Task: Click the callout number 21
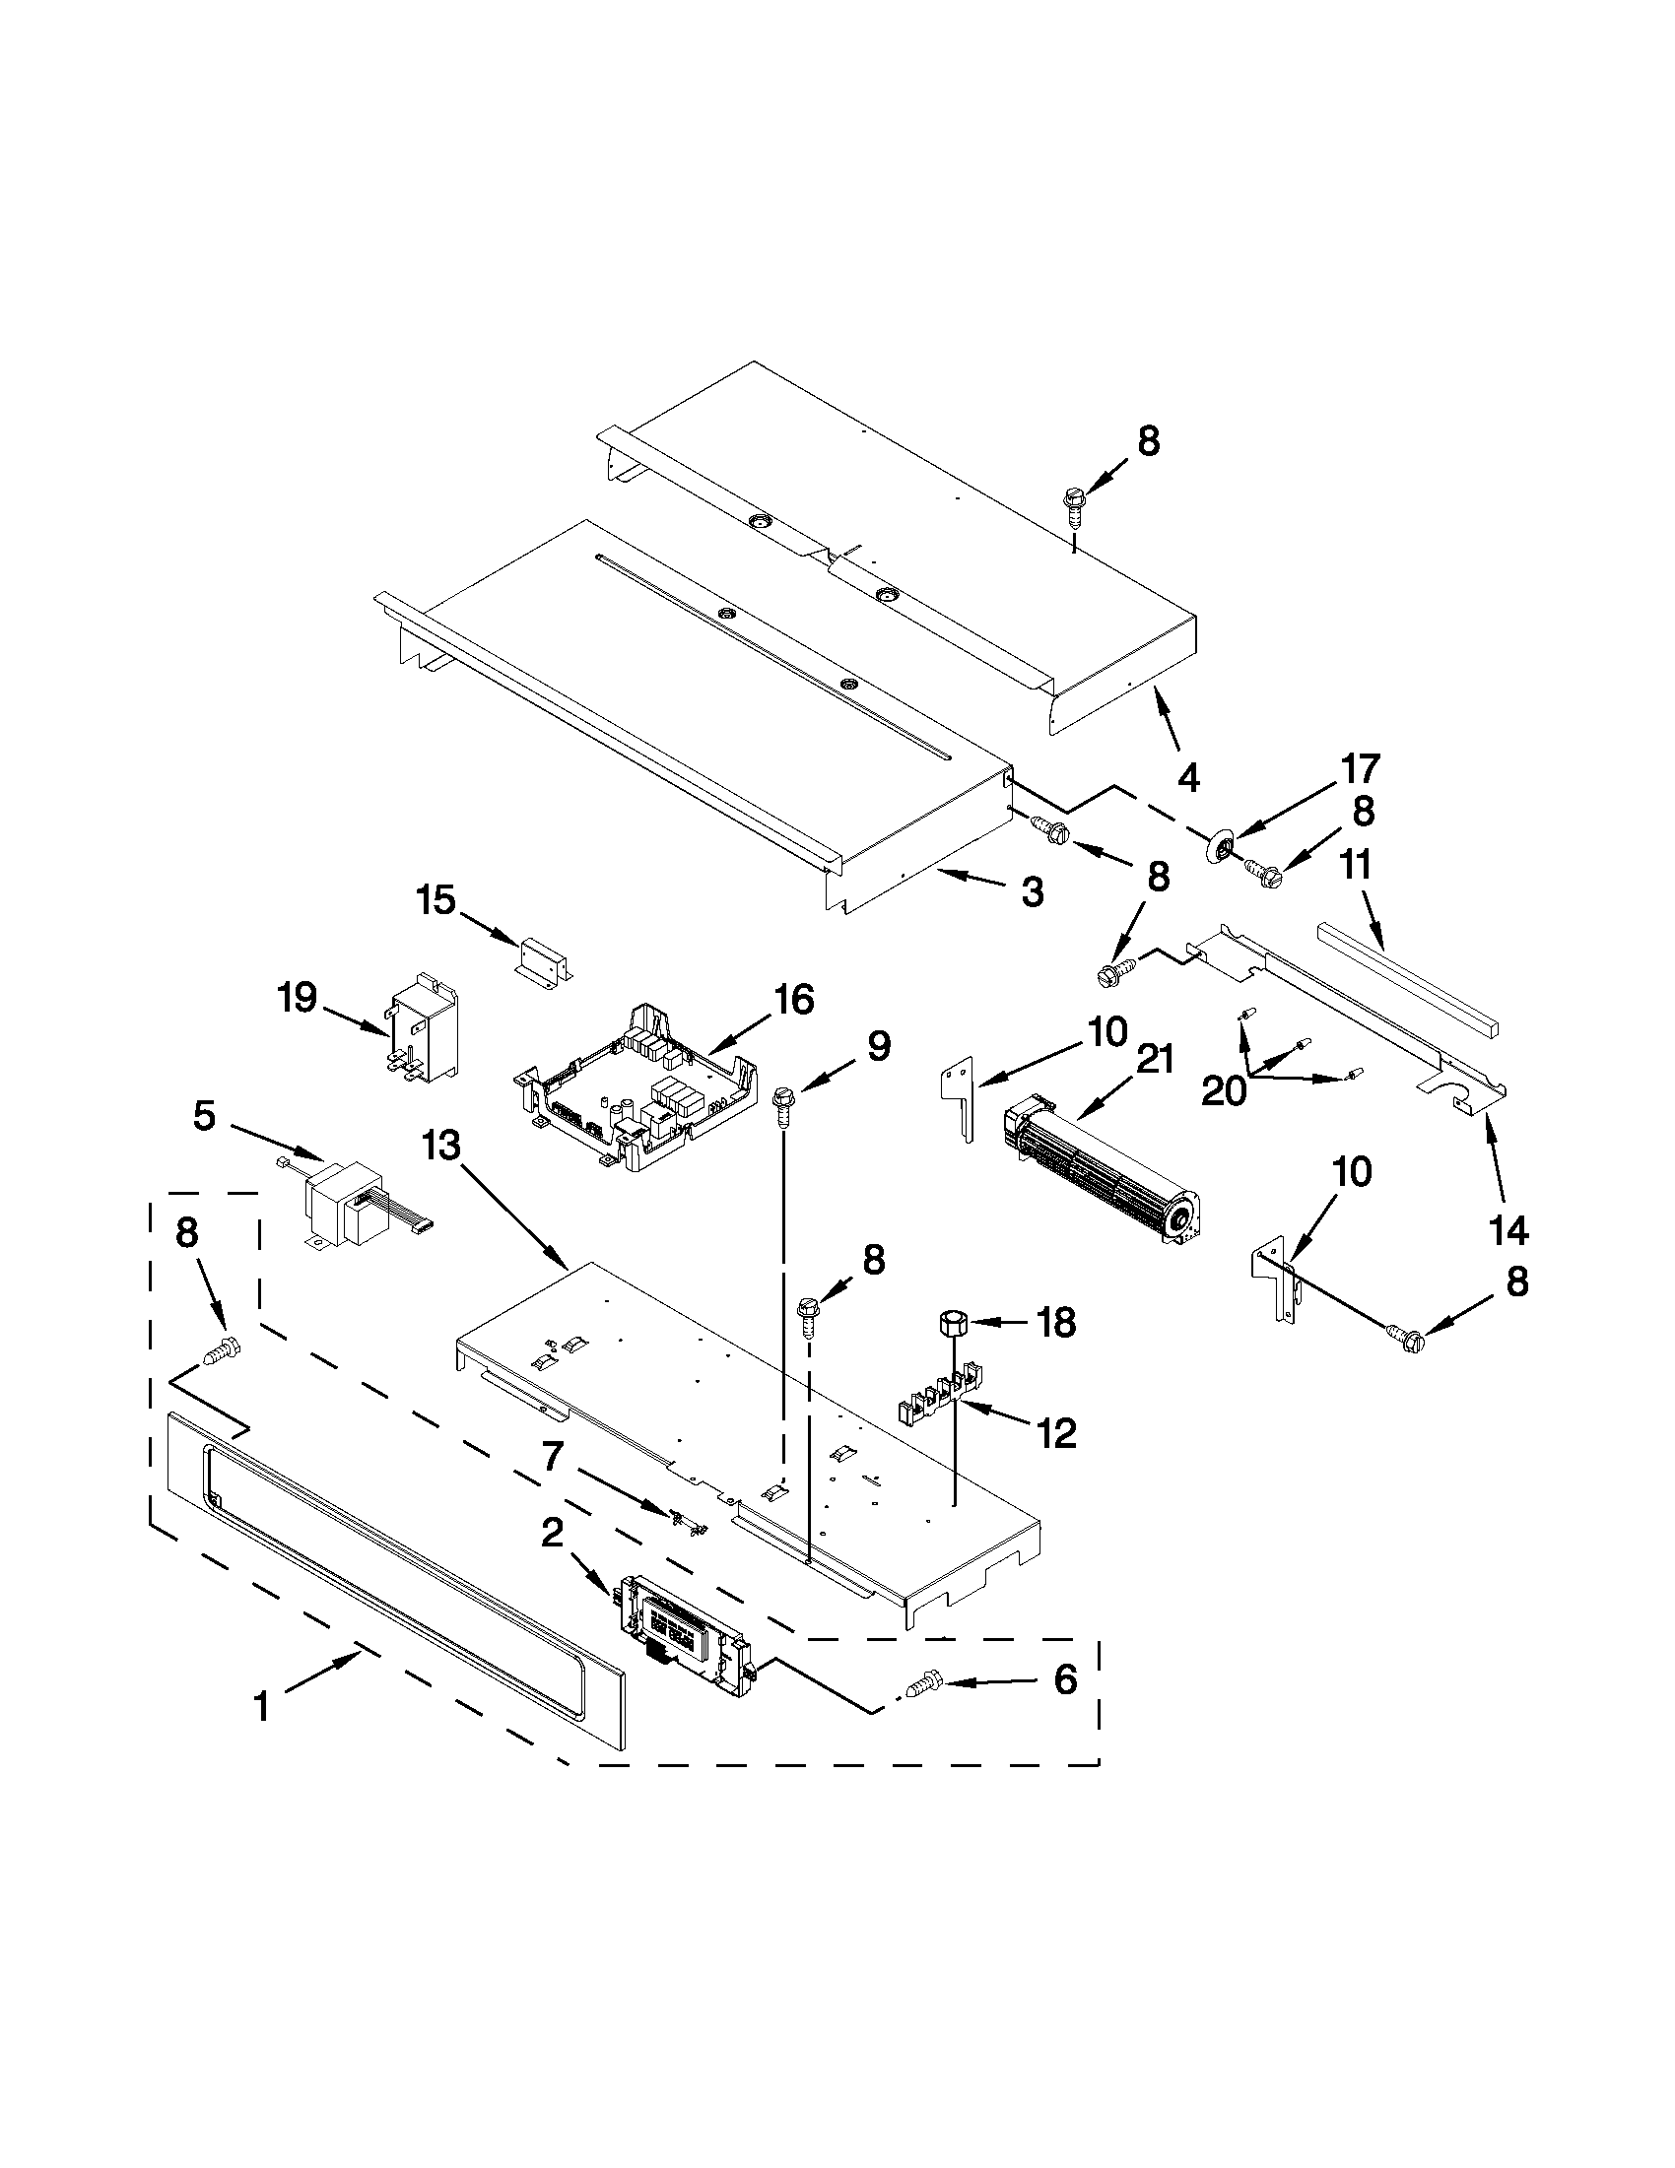pyautogui.click(x=1155, y=1059)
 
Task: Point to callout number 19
pyautogui.click(x=297, y=997)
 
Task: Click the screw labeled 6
pyautogui.click(x=922, y=1683)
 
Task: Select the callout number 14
pyautogui.click(x=1507, y=1232)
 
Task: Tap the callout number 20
pyautogui.click(x=1223, y=1092)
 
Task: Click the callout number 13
pyautogui.click(x=441, y=1146)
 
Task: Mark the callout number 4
pyautogui.click(x=1188, y=778)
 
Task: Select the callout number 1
pyautogui.click(x=261, y=1707)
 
